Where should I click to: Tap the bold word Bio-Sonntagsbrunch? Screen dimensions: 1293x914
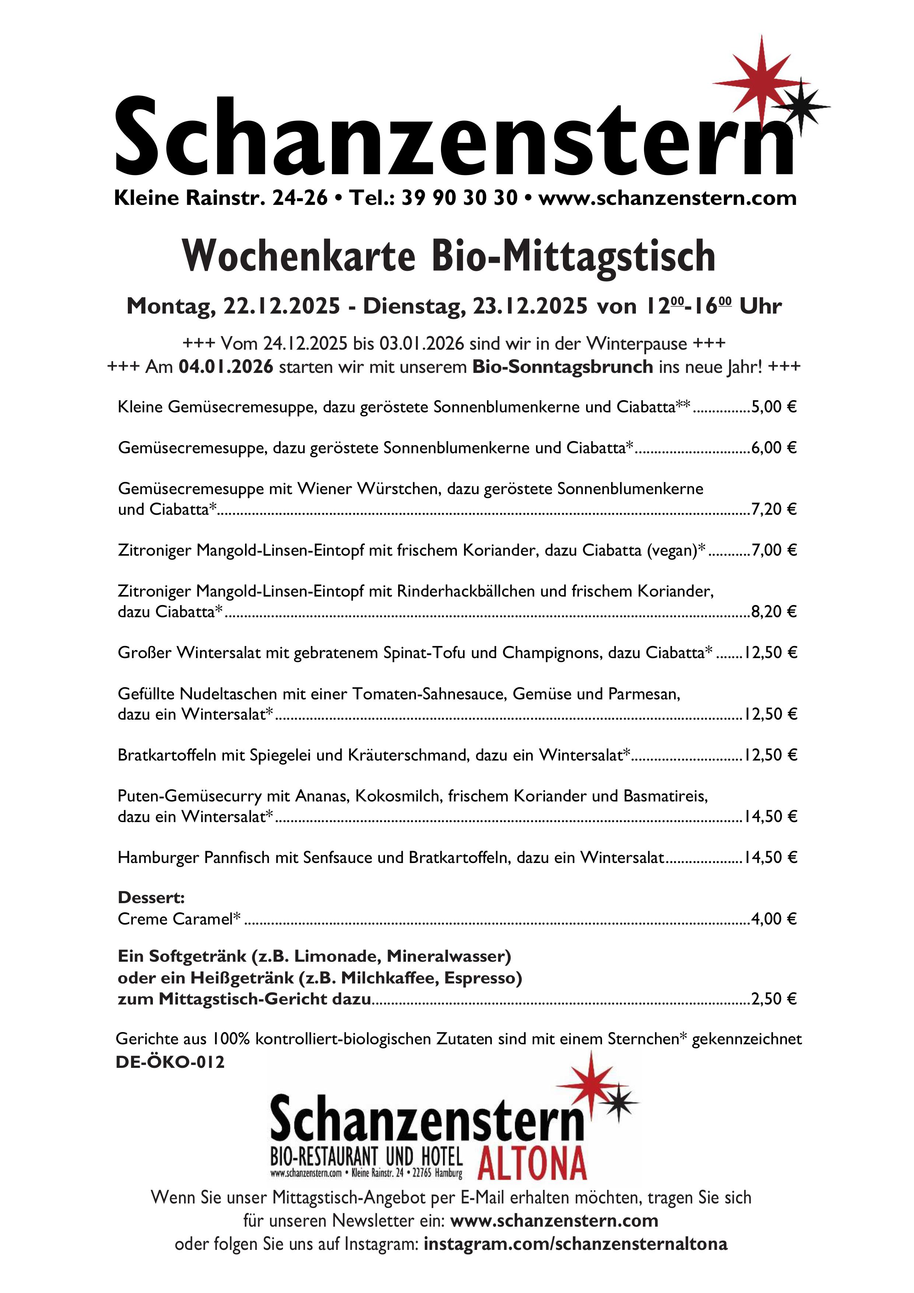(x=562, y=367)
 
